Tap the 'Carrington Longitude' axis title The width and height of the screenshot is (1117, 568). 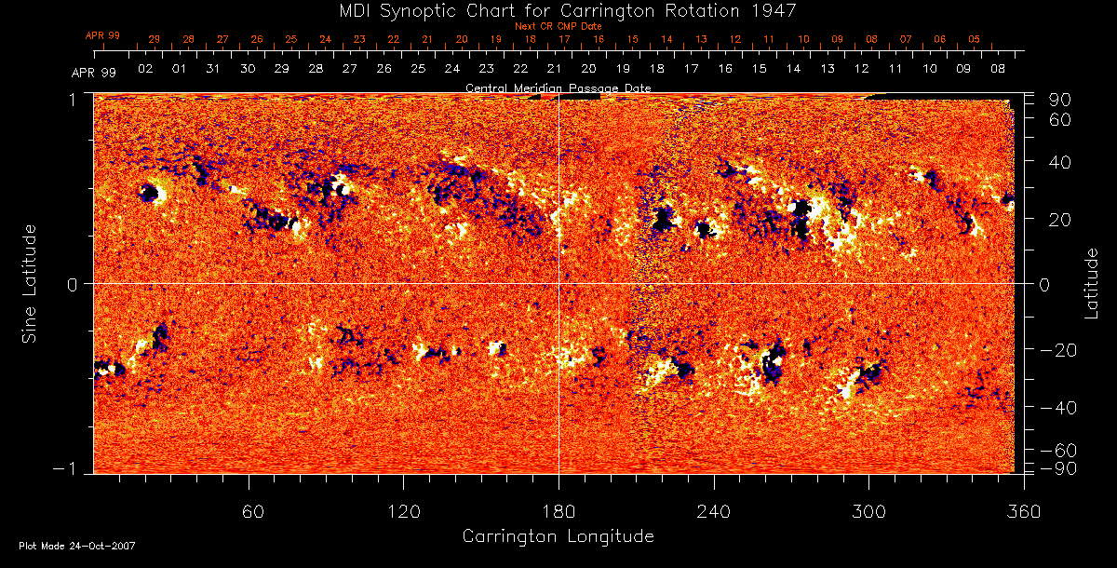pyautogui.click(x=558, y=536)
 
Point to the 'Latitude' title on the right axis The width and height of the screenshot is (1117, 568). pyautogui.click(x=1092, y=283)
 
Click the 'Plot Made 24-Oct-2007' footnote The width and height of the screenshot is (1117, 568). pyautogui.click(x=77, y=546)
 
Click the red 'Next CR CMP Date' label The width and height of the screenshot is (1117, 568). pyautogui.click(x=558, y=26)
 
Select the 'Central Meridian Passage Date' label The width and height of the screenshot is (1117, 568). pyautogui.click(x=558, y=88)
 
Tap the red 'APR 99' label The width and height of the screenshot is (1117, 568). pyautogui.click(x=102, y=35)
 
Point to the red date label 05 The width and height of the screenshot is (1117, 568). pyautogui.click(x=974, y=40)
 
